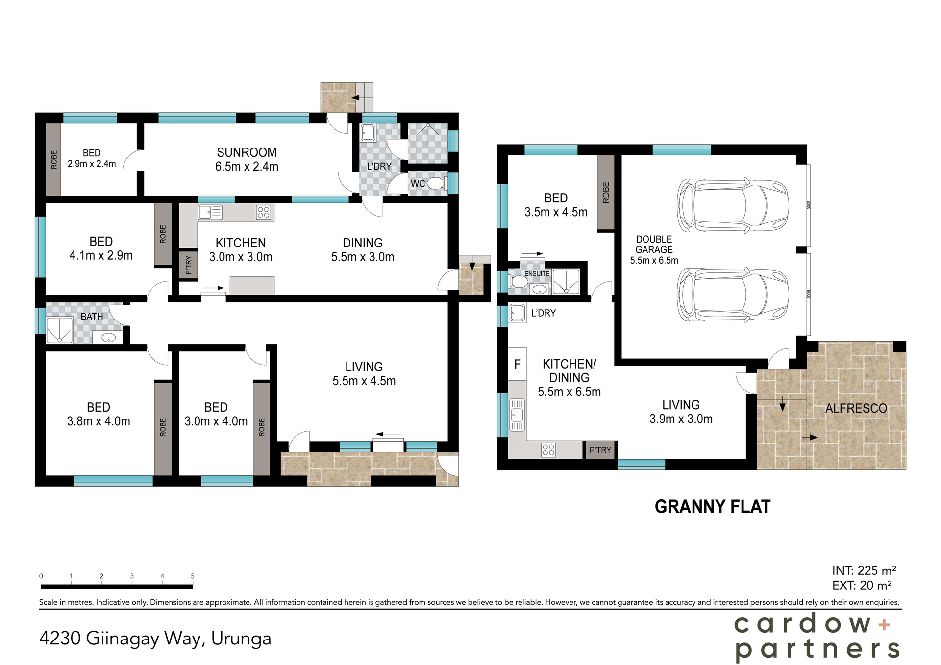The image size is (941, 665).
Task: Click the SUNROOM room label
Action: point(247,153)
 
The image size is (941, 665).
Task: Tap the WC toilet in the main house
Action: point(435,184)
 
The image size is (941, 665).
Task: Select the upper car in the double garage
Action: point(733,205)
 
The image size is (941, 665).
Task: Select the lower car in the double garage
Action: point(733,295)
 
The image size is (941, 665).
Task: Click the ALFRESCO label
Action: point(856,408)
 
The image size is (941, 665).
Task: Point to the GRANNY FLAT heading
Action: point(712,507)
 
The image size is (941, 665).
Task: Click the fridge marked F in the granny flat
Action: point(517,364)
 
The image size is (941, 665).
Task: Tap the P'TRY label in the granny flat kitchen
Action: point(600,450)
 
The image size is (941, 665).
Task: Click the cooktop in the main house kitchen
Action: point(263,212)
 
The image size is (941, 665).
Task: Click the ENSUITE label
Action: point(537,273)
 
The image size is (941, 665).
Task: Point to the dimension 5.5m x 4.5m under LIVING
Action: point(364,381)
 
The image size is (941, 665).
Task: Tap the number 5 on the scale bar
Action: point(193,576)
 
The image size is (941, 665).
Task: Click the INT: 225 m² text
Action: point(864,570)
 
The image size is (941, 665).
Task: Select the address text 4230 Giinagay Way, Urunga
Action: point(155,639)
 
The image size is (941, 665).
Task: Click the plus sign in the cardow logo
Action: point(884,624)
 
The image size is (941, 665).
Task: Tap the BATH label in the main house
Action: point(92,317)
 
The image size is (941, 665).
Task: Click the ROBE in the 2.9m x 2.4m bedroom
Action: point(53,160)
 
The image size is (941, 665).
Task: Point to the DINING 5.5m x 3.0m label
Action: point(362,249)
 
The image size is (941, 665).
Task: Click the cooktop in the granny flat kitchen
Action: point(548,450)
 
